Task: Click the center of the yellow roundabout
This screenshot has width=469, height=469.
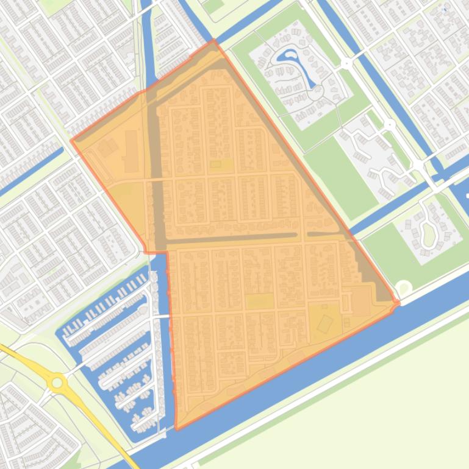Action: (x=58, y=383)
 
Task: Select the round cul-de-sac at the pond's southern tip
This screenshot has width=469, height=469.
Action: (x=315, y=93)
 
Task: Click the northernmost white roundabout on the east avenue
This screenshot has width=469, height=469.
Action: (x=346, y=63)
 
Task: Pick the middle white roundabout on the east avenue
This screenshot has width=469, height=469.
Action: (x=390, y=125)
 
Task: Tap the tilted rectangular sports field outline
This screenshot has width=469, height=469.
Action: (x=325, y=322)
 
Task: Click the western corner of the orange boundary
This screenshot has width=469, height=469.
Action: (x=71, y=141)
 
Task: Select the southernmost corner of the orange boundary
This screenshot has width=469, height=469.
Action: (x=177, y=429)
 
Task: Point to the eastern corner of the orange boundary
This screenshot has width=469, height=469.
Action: (x=398, y=302)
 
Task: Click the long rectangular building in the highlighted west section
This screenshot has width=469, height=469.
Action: (x=131, y=151)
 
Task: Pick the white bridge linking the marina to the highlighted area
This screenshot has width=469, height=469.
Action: (x=160, y=317)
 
